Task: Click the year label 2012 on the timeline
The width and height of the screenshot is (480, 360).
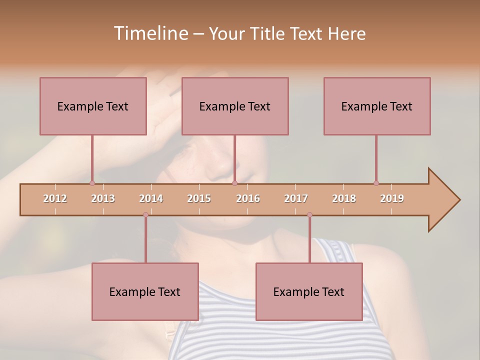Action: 55,198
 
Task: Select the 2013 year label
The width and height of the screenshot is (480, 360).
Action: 103,198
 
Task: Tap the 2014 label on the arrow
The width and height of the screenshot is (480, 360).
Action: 151,198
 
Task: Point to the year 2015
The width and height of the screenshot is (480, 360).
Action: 199,198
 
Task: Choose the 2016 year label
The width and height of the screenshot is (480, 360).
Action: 248,198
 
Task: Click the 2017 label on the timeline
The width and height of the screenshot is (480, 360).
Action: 296,198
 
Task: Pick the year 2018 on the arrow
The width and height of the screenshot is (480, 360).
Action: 344,198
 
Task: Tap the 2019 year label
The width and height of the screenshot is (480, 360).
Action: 392,198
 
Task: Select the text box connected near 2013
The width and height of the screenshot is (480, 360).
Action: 93,106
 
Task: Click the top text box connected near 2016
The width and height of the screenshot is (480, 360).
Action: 235,106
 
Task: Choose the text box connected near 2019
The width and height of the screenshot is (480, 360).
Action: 377,106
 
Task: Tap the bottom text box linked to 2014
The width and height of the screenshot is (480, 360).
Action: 145,291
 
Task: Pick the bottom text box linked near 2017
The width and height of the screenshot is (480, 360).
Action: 309,291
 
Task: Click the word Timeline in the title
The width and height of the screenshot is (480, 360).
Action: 150,33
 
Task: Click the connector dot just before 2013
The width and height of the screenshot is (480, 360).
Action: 92,183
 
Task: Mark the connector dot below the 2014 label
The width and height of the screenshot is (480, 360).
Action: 145,214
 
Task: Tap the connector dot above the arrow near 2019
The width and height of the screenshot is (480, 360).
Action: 376,183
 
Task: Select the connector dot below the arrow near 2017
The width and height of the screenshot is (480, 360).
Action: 309,214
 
